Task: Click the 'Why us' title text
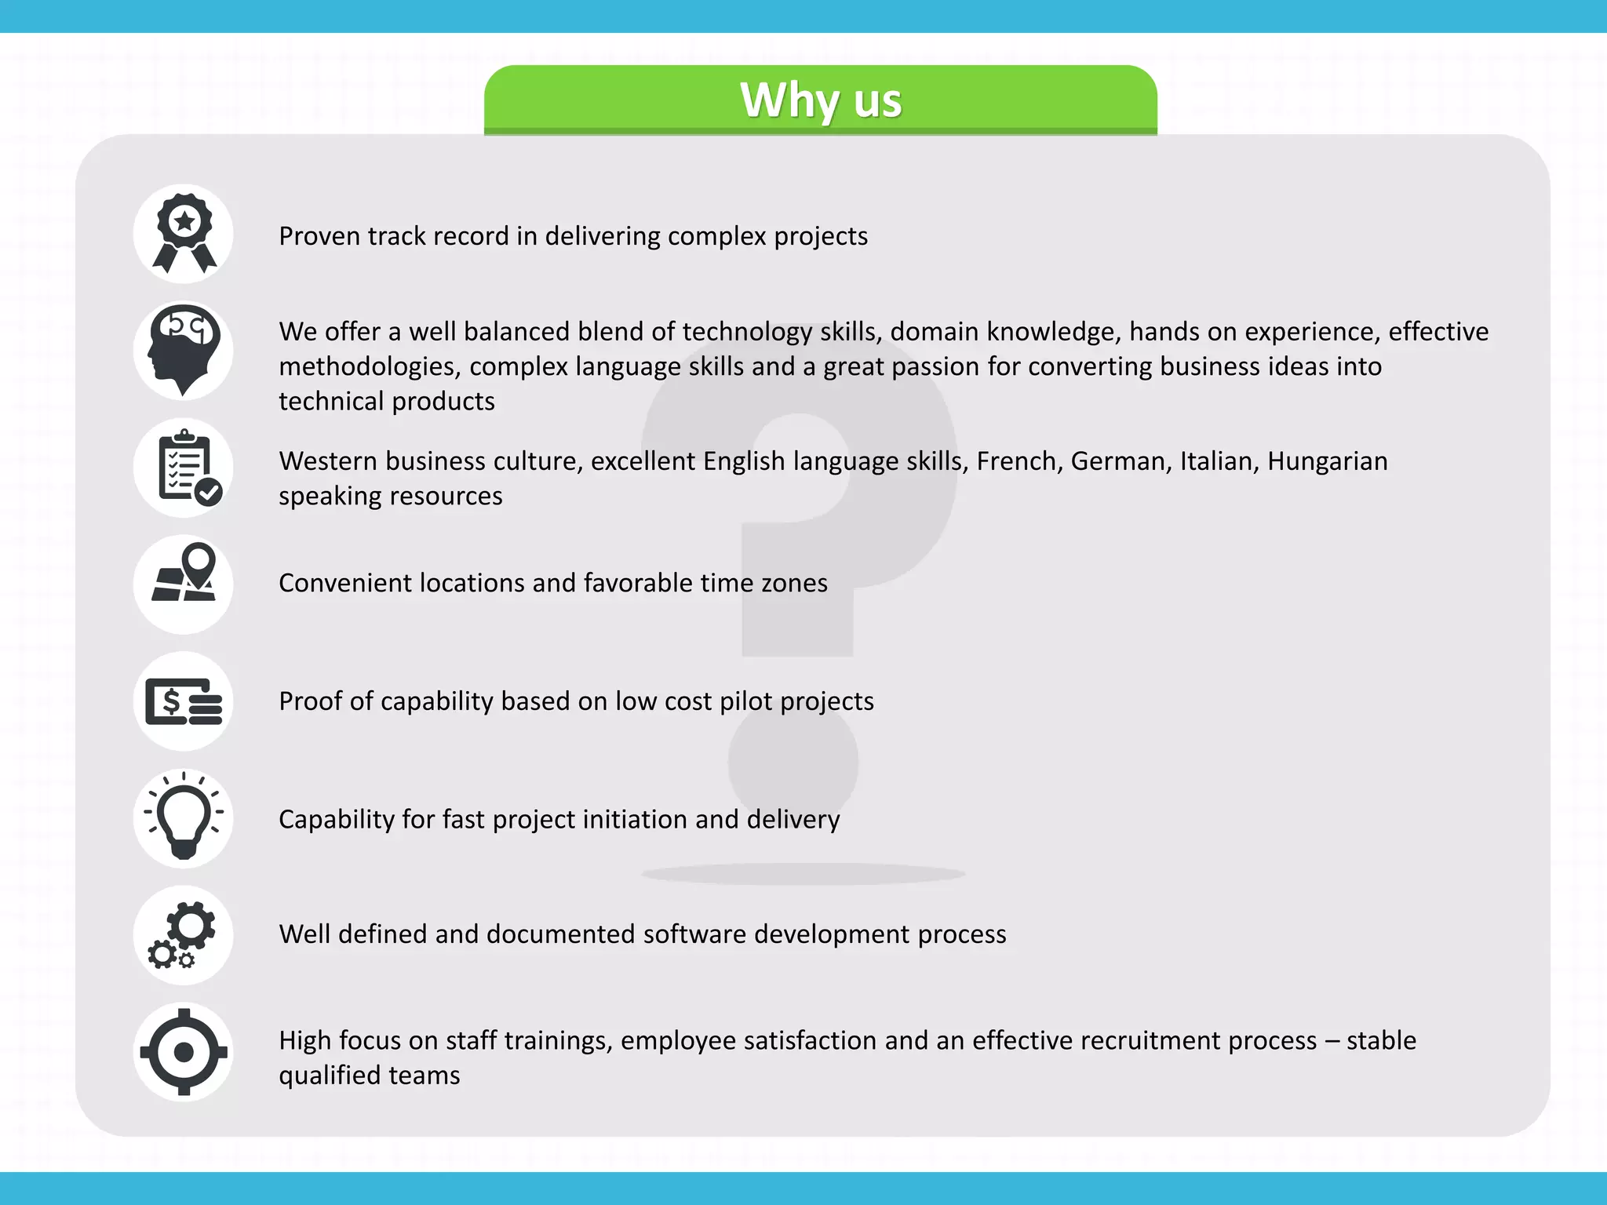pos(821,100)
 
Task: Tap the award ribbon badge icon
pos(184,234)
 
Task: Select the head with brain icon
pos(184,351)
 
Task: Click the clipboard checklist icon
pos(184,468)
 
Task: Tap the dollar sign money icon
pos(184,701)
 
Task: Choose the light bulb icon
pos(184,818)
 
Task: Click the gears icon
pos(184,935)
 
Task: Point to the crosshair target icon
pos(184,1052)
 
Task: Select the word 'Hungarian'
pos(1327,461)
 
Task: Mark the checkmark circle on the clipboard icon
pos(209,493)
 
